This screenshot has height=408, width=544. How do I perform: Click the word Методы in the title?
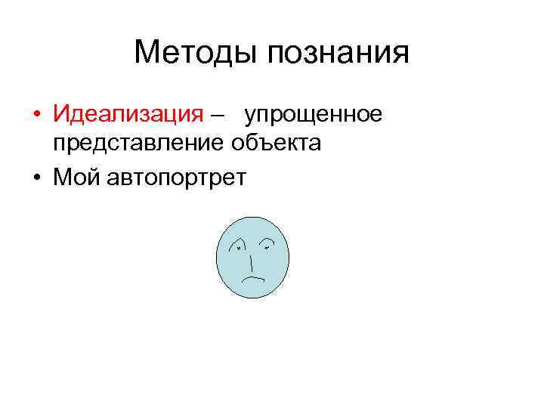coord(195,53)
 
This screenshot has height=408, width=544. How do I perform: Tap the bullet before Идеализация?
coord(36,116)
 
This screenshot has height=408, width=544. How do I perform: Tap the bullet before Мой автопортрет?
coord(36,178)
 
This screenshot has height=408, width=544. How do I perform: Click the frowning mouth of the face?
coord(252,279)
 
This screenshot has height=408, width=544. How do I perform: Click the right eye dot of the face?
coord(266,246)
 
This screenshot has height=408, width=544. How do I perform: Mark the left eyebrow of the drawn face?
coord(237,241)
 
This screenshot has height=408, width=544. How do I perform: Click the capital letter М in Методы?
coord(147,53)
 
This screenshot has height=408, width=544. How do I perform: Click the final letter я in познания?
coord(400,54)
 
